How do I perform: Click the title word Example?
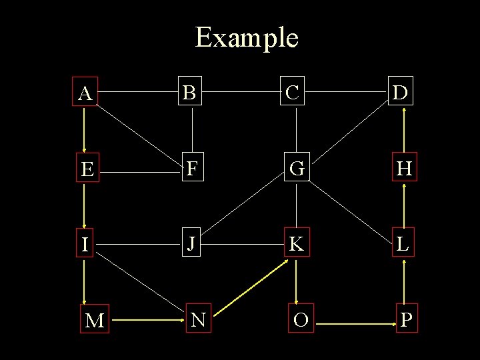(x=246, y=38)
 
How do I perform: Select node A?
(x=85, y=93)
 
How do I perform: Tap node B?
(x=191, y=93)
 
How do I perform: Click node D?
(x=401, y=93)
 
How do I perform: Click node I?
(x=85, y=245)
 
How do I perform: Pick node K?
(x=297, y=245)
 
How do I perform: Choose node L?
(x=403, y=244)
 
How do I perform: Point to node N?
(x=197, y=320)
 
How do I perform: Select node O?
(x=301, y=320)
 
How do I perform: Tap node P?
(x=407, y=319)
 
